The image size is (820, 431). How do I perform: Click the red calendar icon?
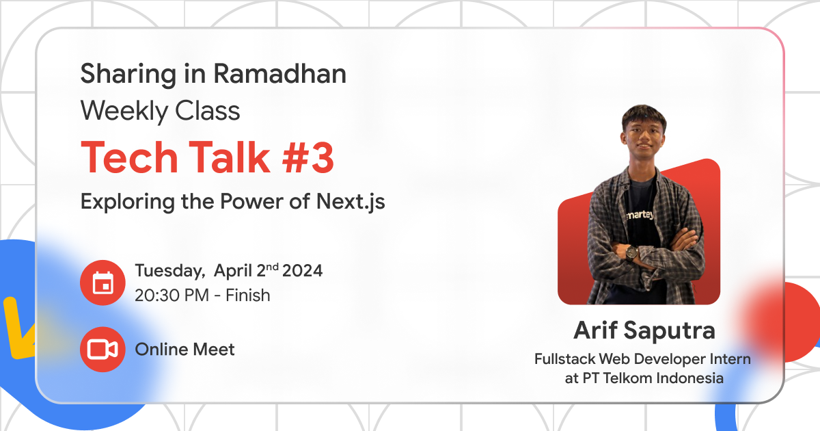[x=102, y=283]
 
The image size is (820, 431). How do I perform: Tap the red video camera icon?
[x=102, y=350]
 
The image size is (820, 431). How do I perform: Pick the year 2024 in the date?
[x=303, y=271]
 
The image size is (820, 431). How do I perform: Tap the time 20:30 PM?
[x=174, y=296]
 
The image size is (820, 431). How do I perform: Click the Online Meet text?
[x=184, y=350]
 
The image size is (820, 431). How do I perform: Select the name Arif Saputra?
[x=644, y=330]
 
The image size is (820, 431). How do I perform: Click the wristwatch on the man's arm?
[x=631, y=252]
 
